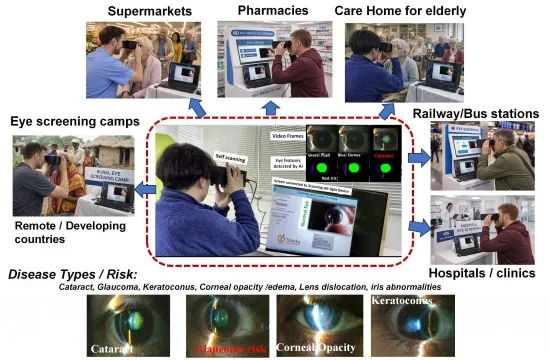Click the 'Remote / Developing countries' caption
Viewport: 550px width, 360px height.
click(x=61, y=234)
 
